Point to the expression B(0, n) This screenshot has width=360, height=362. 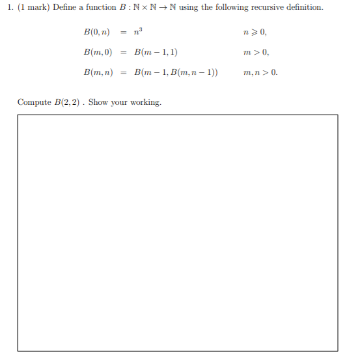point(96,31)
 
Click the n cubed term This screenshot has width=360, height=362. point(139,31)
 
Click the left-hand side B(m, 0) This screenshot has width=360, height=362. point(96,51)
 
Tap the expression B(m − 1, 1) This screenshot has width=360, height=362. point(156,51)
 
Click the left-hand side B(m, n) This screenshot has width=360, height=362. point(96,72)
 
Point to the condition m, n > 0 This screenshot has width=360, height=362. point(260,72)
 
